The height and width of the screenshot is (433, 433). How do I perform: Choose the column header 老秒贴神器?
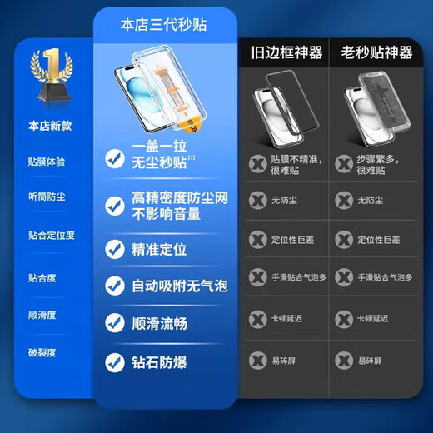(x=376, y=53)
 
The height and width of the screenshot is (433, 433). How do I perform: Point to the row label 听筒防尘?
(x=45, y=197)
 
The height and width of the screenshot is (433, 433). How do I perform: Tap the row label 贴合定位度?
(x=51, y=235)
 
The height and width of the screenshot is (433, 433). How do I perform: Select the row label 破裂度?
(x=42, y=352)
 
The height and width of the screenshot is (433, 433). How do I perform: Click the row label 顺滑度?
(x=42, y=315)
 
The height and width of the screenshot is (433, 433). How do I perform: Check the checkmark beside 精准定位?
(x=115, y=248)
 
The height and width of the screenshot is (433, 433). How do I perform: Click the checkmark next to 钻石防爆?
(x=115, y=362)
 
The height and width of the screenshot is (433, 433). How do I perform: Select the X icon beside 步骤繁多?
(x=344, y=163)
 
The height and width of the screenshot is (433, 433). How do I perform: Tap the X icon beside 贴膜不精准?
(x=258, y=163)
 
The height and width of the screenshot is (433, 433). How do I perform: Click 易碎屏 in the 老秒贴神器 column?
(x=371, y=361)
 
